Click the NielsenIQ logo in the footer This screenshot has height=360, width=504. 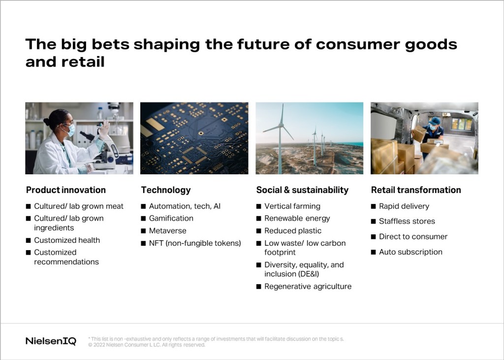[51, 341]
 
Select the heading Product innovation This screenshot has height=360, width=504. [66, 190]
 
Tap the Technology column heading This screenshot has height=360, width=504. [166, 190]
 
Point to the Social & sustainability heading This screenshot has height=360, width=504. [302, 190]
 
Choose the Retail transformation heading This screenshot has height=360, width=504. [416, 190]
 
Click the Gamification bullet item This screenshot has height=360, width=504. [171, 218]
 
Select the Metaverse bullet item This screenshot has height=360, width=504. [167, 230]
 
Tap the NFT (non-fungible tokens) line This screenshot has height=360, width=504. [195, 243]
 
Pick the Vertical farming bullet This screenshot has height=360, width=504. [292, 206]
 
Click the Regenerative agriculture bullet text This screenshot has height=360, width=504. [308, 286]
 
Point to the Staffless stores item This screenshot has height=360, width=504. [407, 221]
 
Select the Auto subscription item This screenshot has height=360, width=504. [410, 252]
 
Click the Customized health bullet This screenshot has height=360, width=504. [67, 240]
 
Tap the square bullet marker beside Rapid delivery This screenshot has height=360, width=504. [373, 206]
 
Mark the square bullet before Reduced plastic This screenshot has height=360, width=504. [259, 231]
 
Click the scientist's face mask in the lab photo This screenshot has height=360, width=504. [70, 130]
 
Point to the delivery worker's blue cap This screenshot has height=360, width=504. [434, 121]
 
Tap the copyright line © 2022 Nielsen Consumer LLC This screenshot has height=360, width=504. [147, 345]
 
